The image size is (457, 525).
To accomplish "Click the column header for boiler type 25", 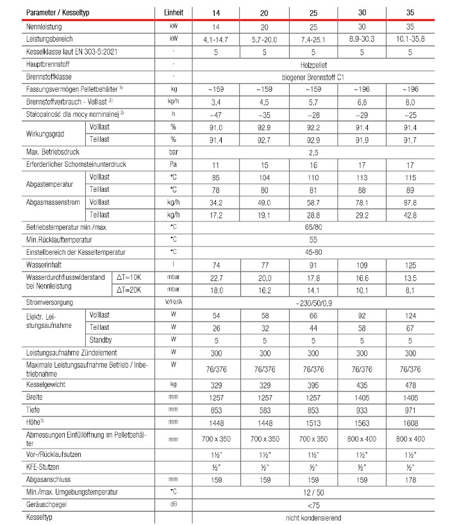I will (x=313, y=12).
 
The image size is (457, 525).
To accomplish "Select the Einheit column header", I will (x=173, y=12).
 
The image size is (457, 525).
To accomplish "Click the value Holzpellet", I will (x=313, y=64).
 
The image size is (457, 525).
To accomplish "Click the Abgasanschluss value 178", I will (x=410, y=479).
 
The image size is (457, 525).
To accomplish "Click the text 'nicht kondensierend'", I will (x=313, y=517).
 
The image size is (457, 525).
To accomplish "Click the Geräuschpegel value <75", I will (x=313, y=504).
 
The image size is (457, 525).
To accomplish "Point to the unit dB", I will (x=173, y=504).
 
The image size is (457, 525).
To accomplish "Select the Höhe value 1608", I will (x=410, y=424).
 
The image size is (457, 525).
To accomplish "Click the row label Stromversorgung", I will (x=49, y=302).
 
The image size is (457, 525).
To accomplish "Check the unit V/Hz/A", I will (x=173, y=302).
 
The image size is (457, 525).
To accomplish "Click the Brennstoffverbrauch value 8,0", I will (x=410, y=101).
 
